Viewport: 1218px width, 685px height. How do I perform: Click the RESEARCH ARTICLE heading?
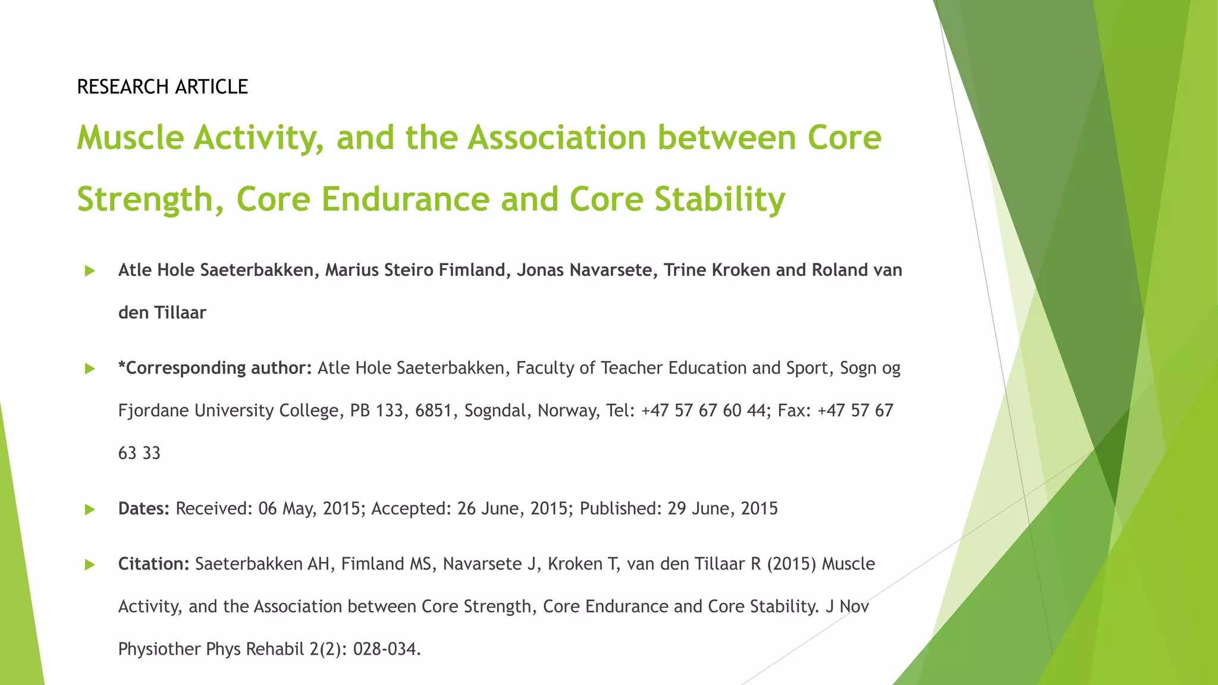coord(162,87)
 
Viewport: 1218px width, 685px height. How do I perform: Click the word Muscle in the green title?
coord(130,137)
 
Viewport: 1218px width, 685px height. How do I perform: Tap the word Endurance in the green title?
coord(406,199)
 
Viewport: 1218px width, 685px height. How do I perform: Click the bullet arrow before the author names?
coord(90,271)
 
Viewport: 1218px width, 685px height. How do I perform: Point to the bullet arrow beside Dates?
coord(90,509)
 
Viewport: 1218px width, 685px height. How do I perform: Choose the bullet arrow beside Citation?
coord(90,564)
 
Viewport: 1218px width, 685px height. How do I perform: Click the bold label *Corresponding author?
coord(215,368)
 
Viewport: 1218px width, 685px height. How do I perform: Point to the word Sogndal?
coord(498,411)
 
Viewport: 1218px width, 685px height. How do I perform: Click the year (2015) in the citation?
coord(791,564)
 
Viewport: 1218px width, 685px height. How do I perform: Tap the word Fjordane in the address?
coord(153,411)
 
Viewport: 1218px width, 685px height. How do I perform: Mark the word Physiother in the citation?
coord(159,649)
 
